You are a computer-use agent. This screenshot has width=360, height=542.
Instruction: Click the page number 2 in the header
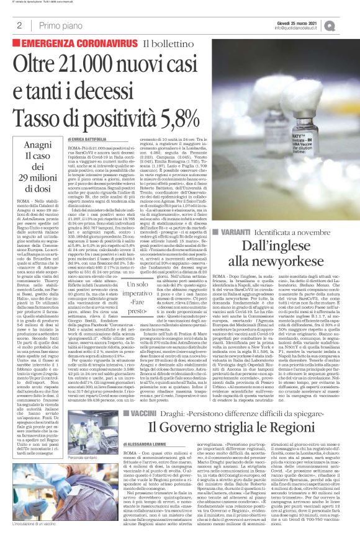(19, 25)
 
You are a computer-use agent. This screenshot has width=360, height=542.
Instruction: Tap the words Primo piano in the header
(58, 25)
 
